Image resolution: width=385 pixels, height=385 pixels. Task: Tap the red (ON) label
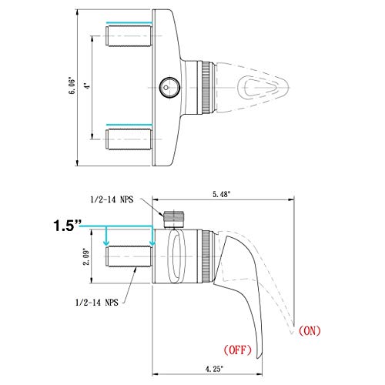pos(310,332)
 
